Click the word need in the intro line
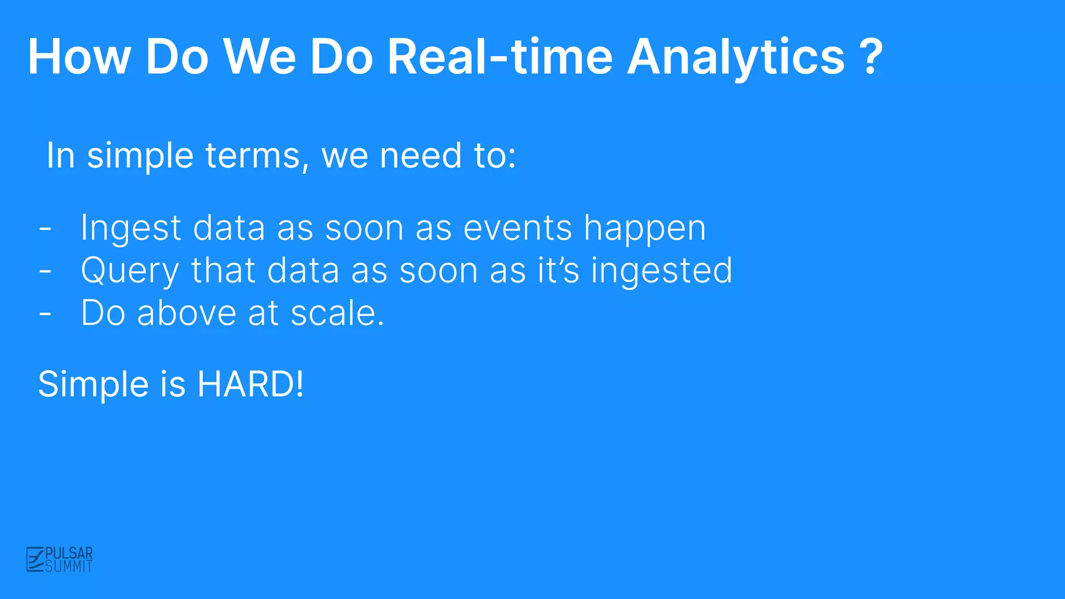click(x=420, y=155)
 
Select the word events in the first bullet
click(x=517, y=228)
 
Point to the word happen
click(x=645, y=229)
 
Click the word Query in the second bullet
click(x=130, y=271)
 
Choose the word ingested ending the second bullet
click(x=661, y=271)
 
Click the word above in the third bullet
click(x=187, y=313)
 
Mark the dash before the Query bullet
click(x=45, y=271)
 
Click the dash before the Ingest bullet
click(x=45, y=228)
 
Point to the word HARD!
click(x=250, y=384)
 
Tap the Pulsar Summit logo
click(x=60, y=559)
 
